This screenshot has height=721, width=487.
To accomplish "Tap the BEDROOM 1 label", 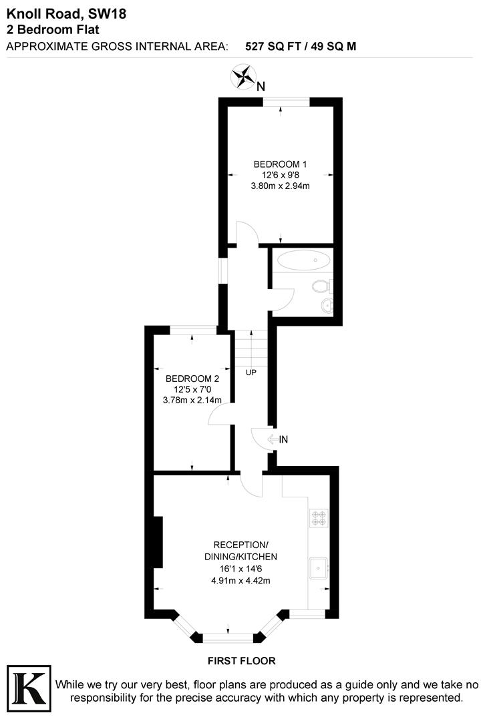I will click(280, 164).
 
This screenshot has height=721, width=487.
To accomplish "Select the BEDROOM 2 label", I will click(192, 379).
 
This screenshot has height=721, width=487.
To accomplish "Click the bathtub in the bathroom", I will click(302, 260).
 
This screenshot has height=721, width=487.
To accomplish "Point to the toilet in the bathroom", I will click(321, 286).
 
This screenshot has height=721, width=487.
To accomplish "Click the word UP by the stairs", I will click(251, 372).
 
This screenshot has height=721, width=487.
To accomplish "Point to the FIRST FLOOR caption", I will click(241, 661).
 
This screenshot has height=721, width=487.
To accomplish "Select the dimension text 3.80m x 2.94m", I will click(280, 186).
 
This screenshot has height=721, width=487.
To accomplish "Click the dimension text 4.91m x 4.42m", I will click(240, 580).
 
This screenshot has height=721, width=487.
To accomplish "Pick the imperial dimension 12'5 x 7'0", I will click(192, 390).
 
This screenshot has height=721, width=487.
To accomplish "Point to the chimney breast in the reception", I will click(158, 541).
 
